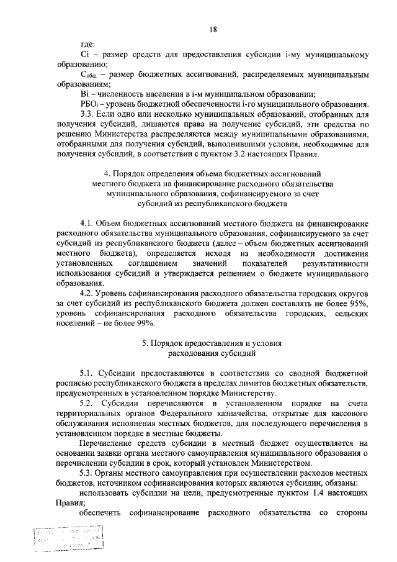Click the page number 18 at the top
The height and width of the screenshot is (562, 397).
pyautogui.click(x=213, y=29)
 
